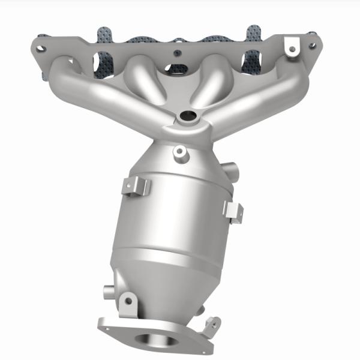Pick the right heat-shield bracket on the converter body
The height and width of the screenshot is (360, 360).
coord(233,210)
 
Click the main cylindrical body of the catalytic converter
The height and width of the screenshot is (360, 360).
coord(174,222)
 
